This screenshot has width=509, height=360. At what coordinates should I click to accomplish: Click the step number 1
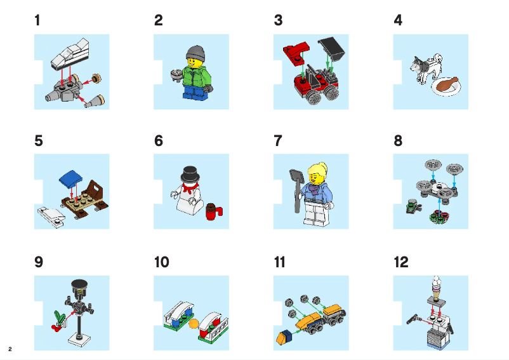tap(37, 20)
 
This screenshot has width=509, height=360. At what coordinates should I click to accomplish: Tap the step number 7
tap(277, 141)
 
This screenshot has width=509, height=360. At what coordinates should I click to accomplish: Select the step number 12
tap(401, 262)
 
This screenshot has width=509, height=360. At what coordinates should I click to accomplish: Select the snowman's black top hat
tap(188, 174)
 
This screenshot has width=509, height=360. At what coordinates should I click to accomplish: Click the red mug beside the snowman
tap(213, 211)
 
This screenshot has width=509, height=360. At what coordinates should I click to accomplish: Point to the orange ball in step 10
tap(194, 323)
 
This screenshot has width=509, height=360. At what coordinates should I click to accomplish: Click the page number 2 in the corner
tap(10, 349)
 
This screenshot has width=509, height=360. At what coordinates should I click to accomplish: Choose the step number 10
tap(161, 262)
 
